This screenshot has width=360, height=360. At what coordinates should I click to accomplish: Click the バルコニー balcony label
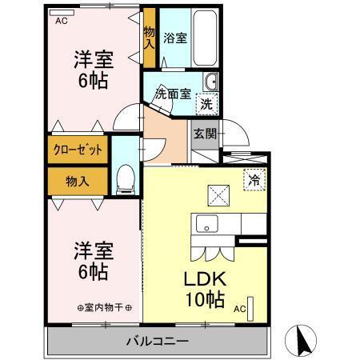coord(157,342)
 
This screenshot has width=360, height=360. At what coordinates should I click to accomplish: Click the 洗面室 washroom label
coord(172,93)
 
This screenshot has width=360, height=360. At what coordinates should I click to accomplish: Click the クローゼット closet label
coord(78,150)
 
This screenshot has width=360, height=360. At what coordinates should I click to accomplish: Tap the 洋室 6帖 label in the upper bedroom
coord(92,70)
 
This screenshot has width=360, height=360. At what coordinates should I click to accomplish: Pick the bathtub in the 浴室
coord(204,39)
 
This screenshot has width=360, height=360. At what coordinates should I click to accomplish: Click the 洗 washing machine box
coord(206,102)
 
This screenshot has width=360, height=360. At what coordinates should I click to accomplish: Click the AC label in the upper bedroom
coord(61,22)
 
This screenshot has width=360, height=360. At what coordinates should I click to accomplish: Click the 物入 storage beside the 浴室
coord(149,39)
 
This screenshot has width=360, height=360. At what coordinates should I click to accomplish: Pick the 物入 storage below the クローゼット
coord(77,182)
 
